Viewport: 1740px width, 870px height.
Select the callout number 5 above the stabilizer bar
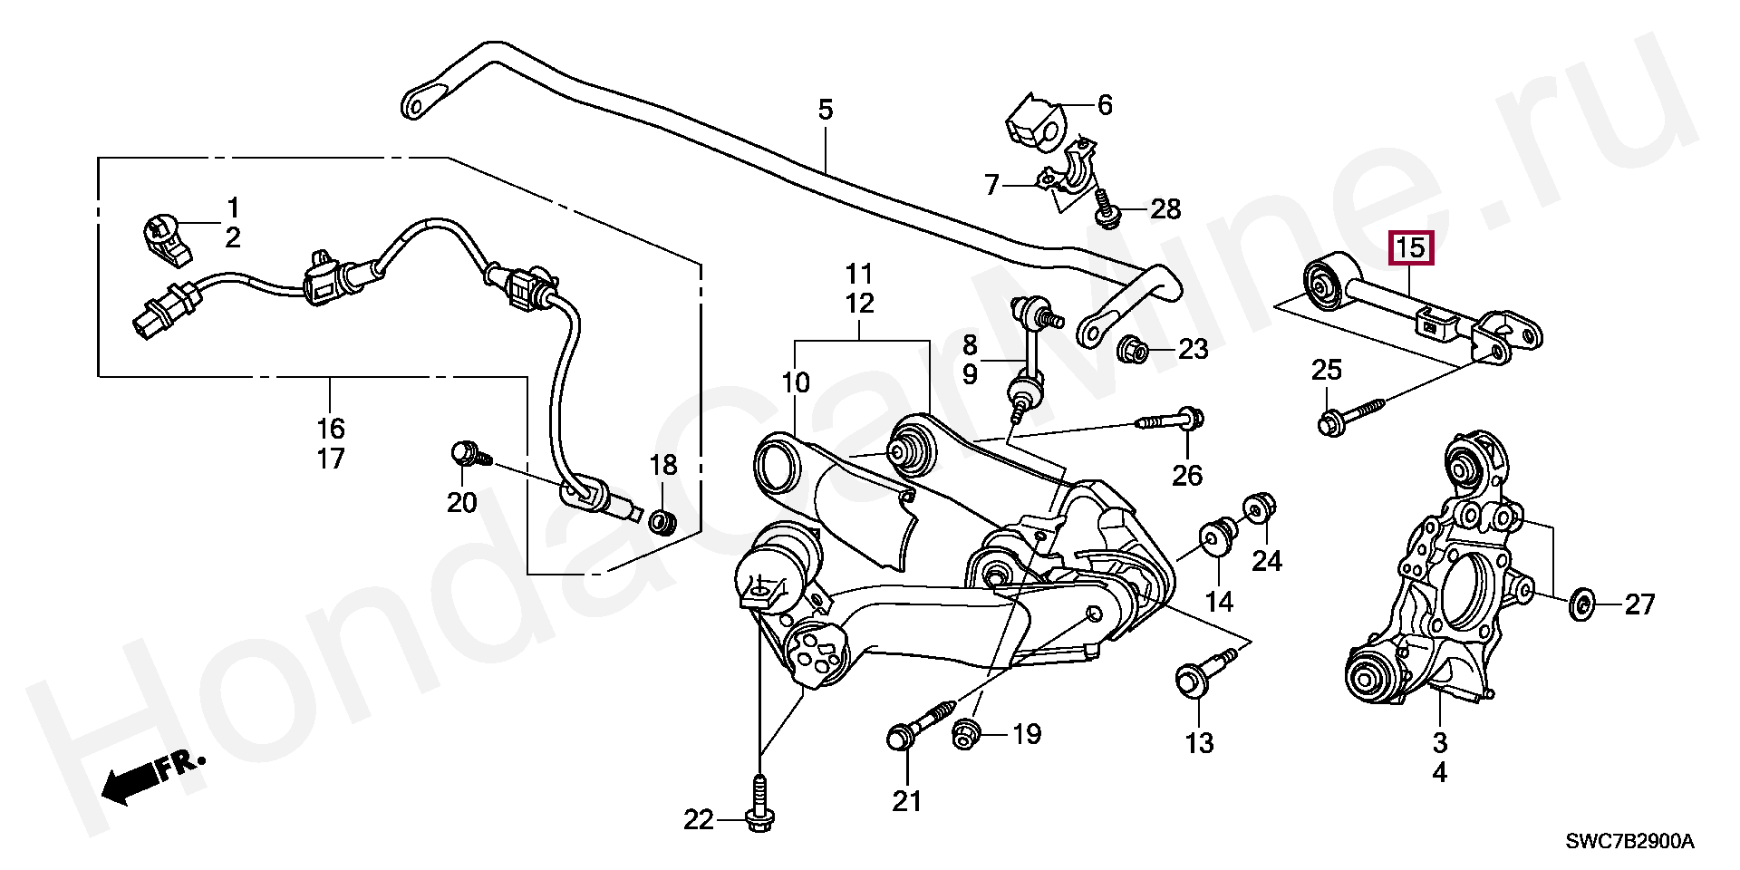point(825,111)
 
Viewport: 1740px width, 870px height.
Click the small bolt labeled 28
point(1106,208)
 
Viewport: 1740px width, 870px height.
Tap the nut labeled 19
point(967,734)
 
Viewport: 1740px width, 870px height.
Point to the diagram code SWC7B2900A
point(1629,841)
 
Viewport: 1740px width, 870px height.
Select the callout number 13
point(1199,743)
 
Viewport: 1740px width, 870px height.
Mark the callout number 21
point(906,800)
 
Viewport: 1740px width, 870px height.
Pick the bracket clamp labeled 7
point(1071,181)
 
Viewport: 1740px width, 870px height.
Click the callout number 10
point(796,383)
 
